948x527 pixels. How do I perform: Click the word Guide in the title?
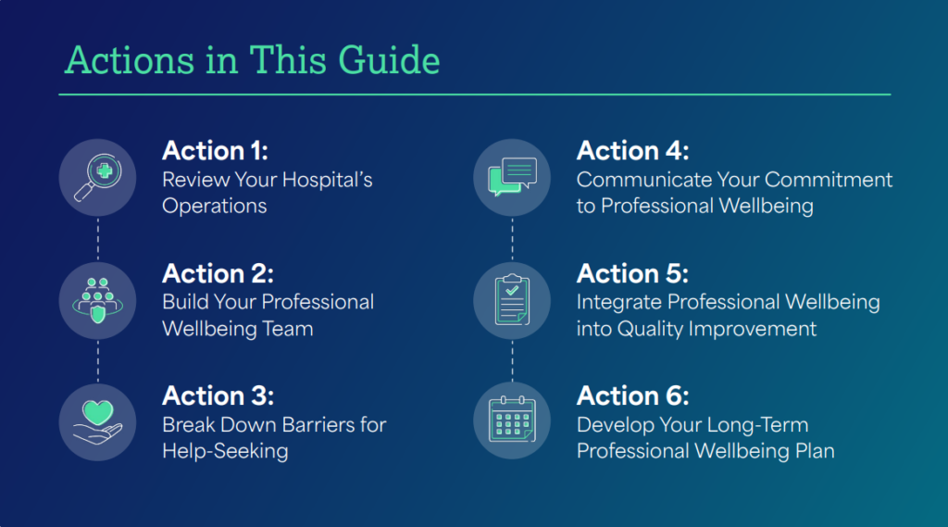pyautogui.click(x=389, y=60)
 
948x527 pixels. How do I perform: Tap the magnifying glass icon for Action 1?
pyautogui.click(x=97, y=177)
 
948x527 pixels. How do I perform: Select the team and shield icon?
pyautogui.click(x=97, y=301)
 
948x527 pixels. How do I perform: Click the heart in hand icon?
pyautogui.click(x=97, y=422)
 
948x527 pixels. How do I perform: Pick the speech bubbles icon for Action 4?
pyautogui.click(x=512, y=177)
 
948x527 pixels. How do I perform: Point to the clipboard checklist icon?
pyautogui.click(x=512, y=301)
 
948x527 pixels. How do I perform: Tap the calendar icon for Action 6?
pyautogui.click(x=512, y=420)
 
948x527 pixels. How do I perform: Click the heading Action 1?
pyautogui.click(x=215, y=151)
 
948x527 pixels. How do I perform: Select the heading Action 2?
pyautogui.click(x=218, y=273)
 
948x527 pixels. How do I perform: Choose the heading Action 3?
pyautogui.click(x=218, y=395)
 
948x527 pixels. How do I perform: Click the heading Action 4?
pyautogui.click(x=632, y=151)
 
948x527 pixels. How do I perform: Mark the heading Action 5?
pyautogui.click(x=632, y=273)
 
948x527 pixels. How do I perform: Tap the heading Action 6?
pyautogui.click(x=632, y=395)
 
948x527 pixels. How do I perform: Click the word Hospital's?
pyautogui.click(x=327, y=181)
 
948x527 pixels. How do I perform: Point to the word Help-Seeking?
pyautogui.click(x=225, y=451)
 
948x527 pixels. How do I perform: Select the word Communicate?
pyautogui.click(x=644, y=180)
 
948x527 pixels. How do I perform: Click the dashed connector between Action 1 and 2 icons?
pyautogui.click(x=98, y=239)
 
